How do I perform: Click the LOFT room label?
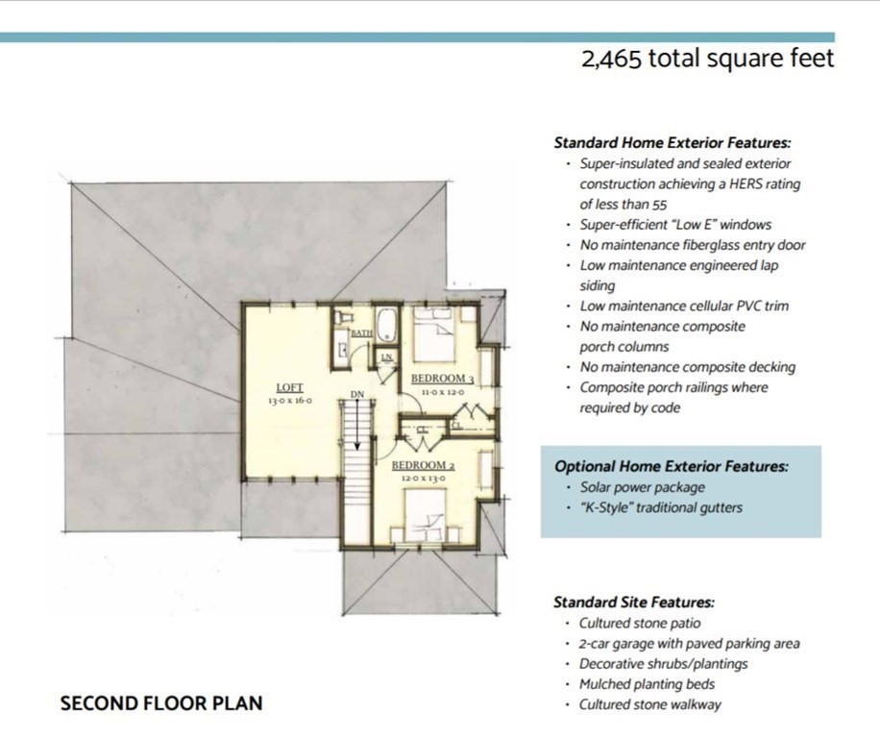click(x=289, y=387)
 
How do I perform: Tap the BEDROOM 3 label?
click(x=442, y=379)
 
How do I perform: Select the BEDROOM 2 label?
click(x=423, y=465)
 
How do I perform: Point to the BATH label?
click(x=361, y=333)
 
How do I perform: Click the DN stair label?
click(x=357, y=395)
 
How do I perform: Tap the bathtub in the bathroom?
click(x=387, y=325)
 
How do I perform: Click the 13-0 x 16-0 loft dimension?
click(x=289, y=401)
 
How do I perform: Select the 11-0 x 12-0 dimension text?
click(x=443, y=392)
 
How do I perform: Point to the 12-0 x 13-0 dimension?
click(x=423, y=479)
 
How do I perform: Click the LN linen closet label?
click(x=387, y=357)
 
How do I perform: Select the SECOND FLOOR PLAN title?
click(x=161, y=703)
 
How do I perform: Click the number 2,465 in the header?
click(x=611, y=59)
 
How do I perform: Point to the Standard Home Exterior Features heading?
click(x=672, y=142)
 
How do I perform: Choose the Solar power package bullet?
click(x=642, y=487)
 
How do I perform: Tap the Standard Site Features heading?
click(x=634, y=603)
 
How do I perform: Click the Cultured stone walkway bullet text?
click(x=649, y=705)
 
